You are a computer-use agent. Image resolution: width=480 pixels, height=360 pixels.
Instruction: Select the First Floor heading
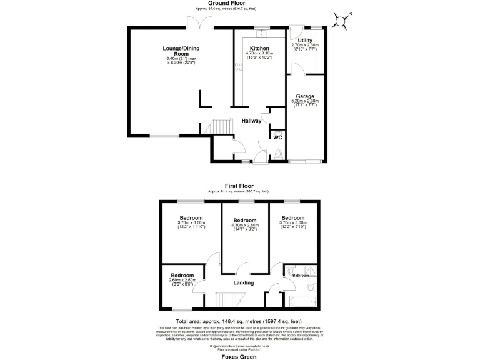(x=240, y=186)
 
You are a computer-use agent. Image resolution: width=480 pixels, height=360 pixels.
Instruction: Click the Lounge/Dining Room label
(x=181, y=51)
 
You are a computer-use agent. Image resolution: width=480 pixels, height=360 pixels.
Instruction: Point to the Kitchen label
(x=259, y=49)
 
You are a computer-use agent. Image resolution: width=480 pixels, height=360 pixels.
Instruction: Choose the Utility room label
(x=305, y=40)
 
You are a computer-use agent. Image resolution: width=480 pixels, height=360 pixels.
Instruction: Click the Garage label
(x=305, y=96)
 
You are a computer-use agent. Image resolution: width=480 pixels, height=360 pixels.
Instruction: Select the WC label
(x=277, y=137)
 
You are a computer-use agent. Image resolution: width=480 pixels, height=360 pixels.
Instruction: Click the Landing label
(x=243, y=283)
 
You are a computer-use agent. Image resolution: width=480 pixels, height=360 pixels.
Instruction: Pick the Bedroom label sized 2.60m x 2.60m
(x=182, y=276)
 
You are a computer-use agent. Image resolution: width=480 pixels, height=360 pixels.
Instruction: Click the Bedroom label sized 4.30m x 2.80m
(x=244, y=221)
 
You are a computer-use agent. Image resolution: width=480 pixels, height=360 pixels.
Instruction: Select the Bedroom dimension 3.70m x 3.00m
(x=293, y=222)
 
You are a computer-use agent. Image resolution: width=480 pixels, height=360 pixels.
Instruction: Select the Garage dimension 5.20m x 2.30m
(x=305, y=101)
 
